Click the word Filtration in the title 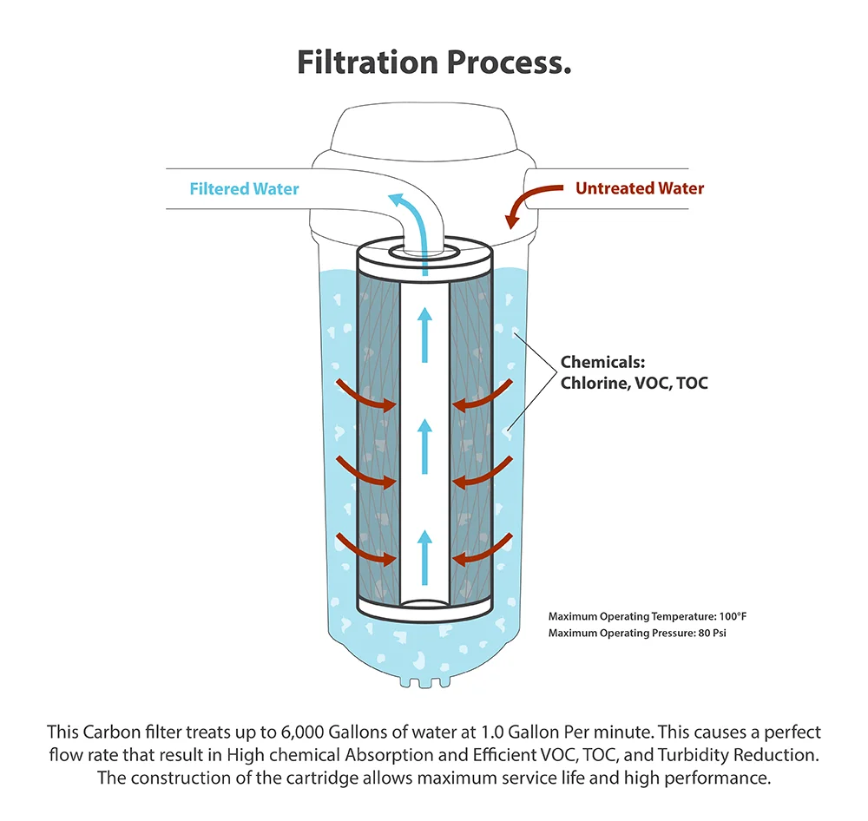pyautogui.click(x=367, y=62)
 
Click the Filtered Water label pyautogui.click(x=244, y=189)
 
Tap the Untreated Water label pyautogui.click(x=640, y=188)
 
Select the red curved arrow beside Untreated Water pyautogui.click(x=530, y=202)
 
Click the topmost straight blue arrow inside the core pyautogui.click(x=424, y=336)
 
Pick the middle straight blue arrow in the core pyautogui.click(x=424, y=446)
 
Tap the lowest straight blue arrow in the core pyautogui.click(x=424, y=557)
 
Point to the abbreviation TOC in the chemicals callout pyautogui.click(x=692, y=383)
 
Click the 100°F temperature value pyautogui.click(x=733, y=616)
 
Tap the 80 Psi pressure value pyautogui.click(x=712, y=633)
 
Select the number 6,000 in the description pyautogui.click(x=302, y=732)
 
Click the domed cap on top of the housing pyautogui.click(x=424, y=128)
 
